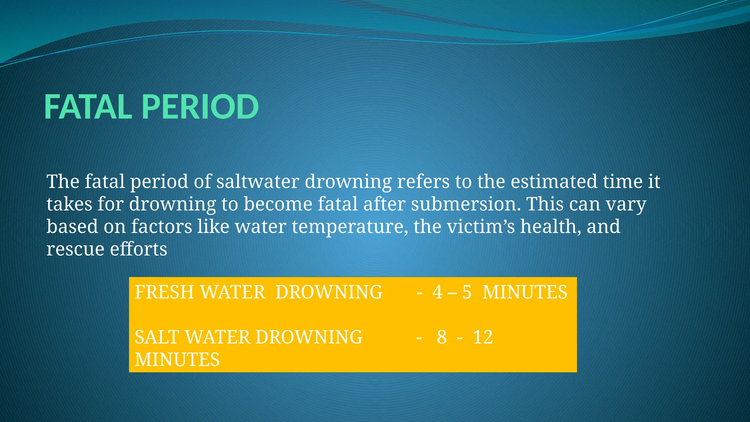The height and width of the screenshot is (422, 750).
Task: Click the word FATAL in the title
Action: (88, 107)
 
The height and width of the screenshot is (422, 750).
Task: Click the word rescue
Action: (75, 249)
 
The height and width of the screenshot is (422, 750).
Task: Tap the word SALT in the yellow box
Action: (157, 337)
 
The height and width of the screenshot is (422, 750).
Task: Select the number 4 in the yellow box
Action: (437, 292)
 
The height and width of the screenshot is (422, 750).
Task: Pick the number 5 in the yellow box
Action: (467, 292)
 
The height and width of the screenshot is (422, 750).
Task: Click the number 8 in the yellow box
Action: (442, 337)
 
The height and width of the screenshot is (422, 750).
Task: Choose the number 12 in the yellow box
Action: (483, 337)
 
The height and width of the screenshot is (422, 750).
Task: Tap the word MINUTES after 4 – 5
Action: (525, 292)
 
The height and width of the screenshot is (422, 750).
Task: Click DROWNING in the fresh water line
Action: (329, 292)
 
